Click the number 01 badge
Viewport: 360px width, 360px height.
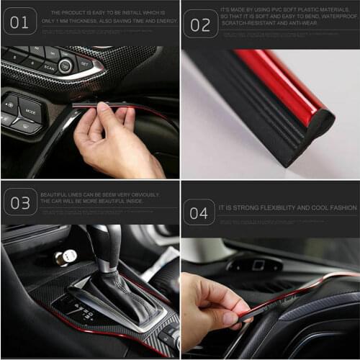coord(19,22)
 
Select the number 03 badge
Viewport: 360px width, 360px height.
coord(19,202)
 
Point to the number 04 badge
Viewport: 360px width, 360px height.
coord(199,212)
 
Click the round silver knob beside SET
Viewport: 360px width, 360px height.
coord(66,66)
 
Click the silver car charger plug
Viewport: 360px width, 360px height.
coord(69,256)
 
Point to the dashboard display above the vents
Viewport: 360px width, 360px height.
coord(256,265)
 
